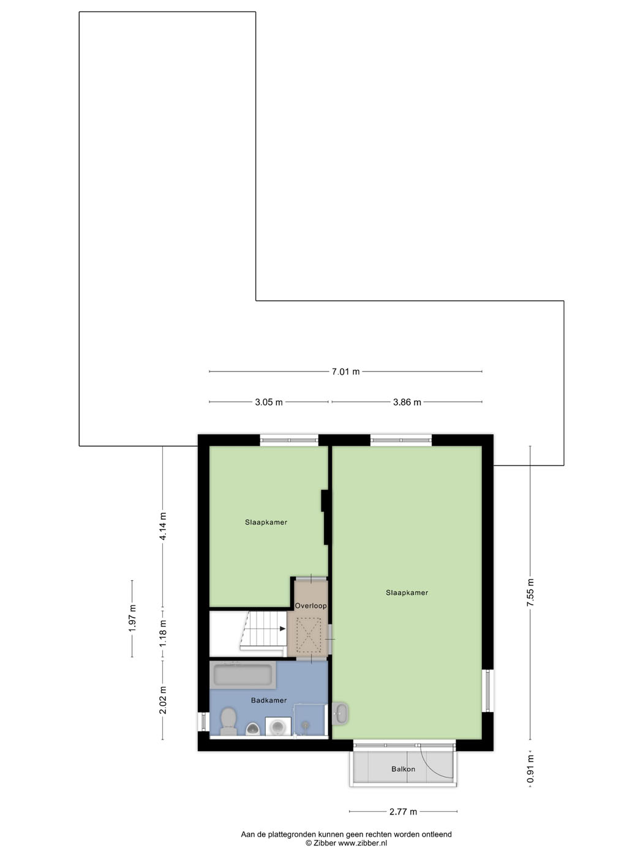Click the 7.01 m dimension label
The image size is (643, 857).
pyautogui.click(x=345, y=372)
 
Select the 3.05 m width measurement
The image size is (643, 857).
pyautogui.click(x=269, y=402)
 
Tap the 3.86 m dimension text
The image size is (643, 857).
pyautogui.click(x=407, y=402)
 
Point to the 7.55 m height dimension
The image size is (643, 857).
pyautogui.click(x=530, y=593)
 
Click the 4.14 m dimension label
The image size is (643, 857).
pyautogui.click(x=163, y=526)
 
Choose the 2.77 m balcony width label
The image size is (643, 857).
pyautogui.click(x=403, y=812)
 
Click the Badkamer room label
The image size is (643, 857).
pyautogui.click(x=269, y=700)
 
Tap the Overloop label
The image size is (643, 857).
pyautogui.click(x=310, y=606)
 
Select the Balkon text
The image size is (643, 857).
pyautogui.click(x=404, y=769)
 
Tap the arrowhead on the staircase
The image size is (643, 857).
pyautogui.click(x=282, y=629)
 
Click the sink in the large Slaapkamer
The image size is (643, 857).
pyautogui.click(x=340, y=714)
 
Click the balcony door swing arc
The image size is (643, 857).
pyautogui.click(x=440, y=762)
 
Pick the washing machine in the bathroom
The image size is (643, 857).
pyautogui.click(x=278, y=726)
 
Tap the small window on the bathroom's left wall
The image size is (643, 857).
pyautogui.click(x=203, y=721)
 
